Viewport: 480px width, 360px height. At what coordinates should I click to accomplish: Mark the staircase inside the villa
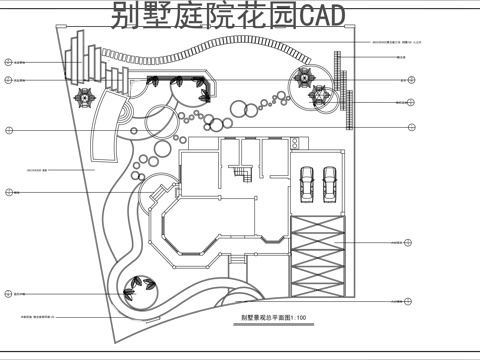(x=240, y=176)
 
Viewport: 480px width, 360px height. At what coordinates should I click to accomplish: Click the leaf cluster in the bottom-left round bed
(x=137, y=290)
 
